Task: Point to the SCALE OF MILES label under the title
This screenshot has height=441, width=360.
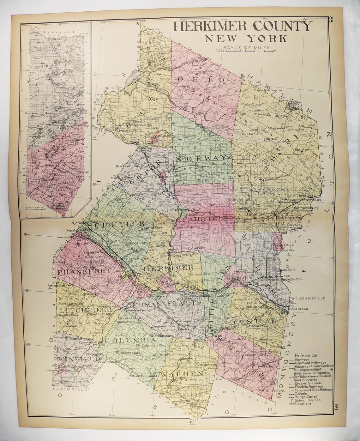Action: tap(246, 48)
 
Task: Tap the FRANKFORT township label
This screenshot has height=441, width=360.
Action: tap(85, 272)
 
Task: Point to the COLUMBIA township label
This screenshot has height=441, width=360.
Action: tap(130, 340)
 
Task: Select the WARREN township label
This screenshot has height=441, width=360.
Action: tap(178, 374)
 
